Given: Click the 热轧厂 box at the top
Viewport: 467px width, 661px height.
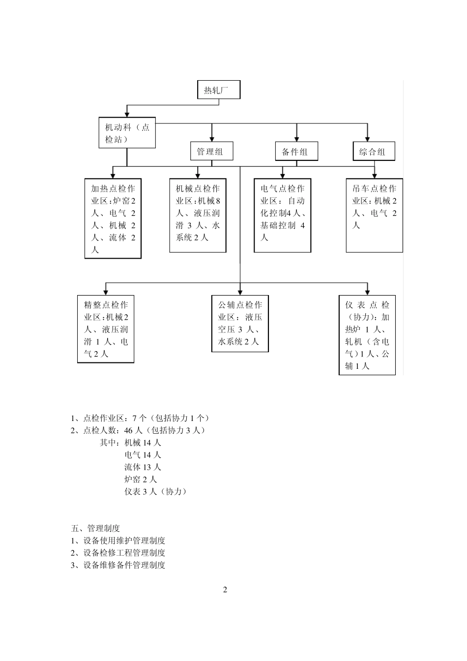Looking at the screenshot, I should coord(219,90).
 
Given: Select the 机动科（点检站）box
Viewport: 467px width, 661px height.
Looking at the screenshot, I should coord(127,133).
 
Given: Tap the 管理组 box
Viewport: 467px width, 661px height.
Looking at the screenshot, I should coord(211,151).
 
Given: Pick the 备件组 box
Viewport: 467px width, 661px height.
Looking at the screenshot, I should coord(296,151).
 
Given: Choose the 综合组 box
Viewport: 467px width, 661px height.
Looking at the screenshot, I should coord(374,151).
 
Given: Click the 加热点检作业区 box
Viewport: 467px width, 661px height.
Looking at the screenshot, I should coord(113,218).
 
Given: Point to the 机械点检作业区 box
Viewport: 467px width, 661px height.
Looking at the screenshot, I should coord(198,216).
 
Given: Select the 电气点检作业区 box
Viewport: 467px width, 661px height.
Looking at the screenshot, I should coord(282,216).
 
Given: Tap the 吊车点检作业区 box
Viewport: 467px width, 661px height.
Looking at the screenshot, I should coord(374,216).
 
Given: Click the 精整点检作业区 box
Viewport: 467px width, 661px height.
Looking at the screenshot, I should coord(106,329).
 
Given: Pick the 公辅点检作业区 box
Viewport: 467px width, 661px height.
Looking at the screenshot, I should coord(240,324).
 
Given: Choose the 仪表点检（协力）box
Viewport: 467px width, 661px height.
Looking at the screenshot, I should coord(367,335).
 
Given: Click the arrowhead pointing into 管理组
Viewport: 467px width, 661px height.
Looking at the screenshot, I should coord(212,139).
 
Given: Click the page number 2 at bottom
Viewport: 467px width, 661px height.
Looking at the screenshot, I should coord(225,590).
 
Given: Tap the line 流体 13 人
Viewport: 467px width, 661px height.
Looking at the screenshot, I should coord(143,467).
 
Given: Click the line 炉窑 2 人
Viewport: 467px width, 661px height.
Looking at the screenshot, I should coord(141,479).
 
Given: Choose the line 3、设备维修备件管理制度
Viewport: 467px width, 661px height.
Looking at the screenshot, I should coord(118,565).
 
